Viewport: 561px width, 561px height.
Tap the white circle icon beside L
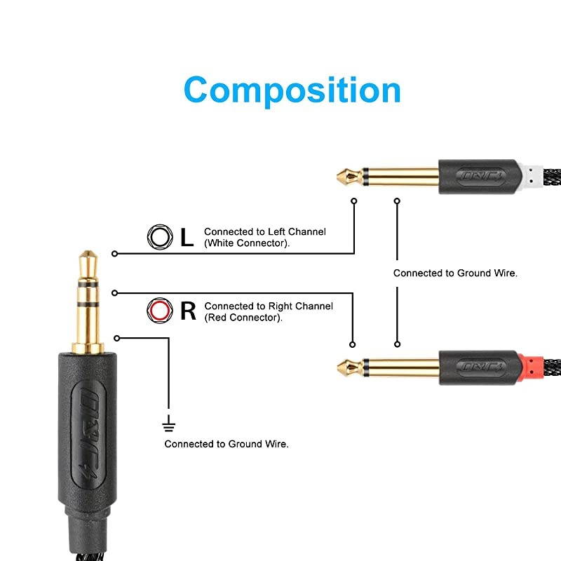tap(159, 237)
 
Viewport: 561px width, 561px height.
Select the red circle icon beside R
tap(159, 310)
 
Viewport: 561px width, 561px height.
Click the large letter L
tap(187, 237)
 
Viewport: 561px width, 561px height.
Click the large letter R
tap(188, 310)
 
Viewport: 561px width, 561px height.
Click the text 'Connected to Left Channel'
tap(265, 231)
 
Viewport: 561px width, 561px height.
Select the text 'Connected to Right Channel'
tap(269, 306)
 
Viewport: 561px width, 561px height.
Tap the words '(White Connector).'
tap(246, 243)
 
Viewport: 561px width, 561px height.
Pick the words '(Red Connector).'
tap(243, 318)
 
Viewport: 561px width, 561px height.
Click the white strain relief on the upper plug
tap(533, 175)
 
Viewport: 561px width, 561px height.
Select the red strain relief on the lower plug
tap(533, 366)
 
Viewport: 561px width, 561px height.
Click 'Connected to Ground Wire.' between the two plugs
tap(455, 273)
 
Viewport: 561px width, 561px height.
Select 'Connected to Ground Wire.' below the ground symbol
tap(227, 444)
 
